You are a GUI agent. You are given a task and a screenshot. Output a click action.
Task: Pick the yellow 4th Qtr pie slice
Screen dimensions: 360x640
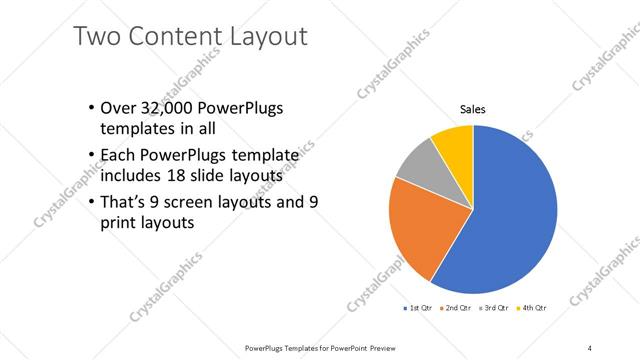point(455,140)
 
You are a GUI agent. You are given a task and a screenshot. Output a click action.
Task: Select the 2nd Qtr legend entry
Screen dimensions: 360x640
point(456,308)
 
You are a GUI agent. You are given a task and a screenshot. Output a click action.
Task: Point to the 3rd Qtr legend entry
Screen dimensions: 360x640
point(493,308)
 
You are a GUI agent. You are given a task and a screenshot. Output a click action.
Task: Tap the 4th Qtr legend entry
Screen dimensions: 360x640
point(530,308)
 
